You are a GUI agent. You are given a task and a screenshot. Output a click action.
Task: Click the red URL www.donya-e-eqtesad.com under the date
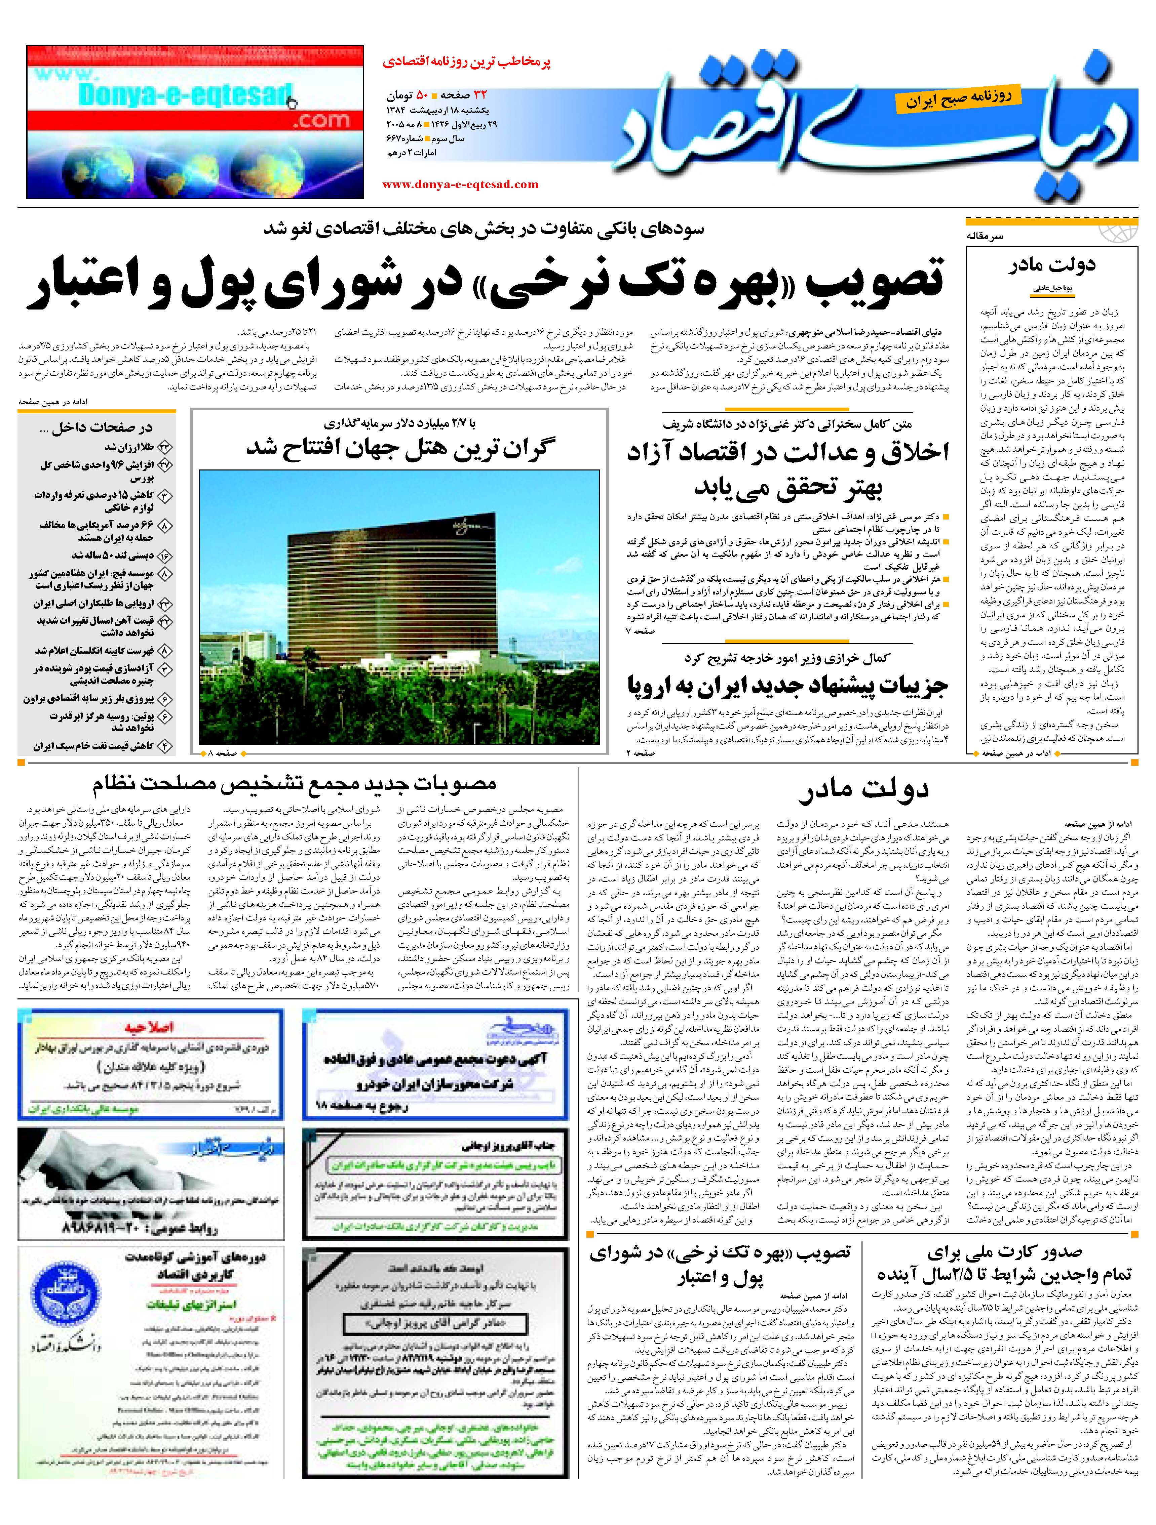click(460, 184)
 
